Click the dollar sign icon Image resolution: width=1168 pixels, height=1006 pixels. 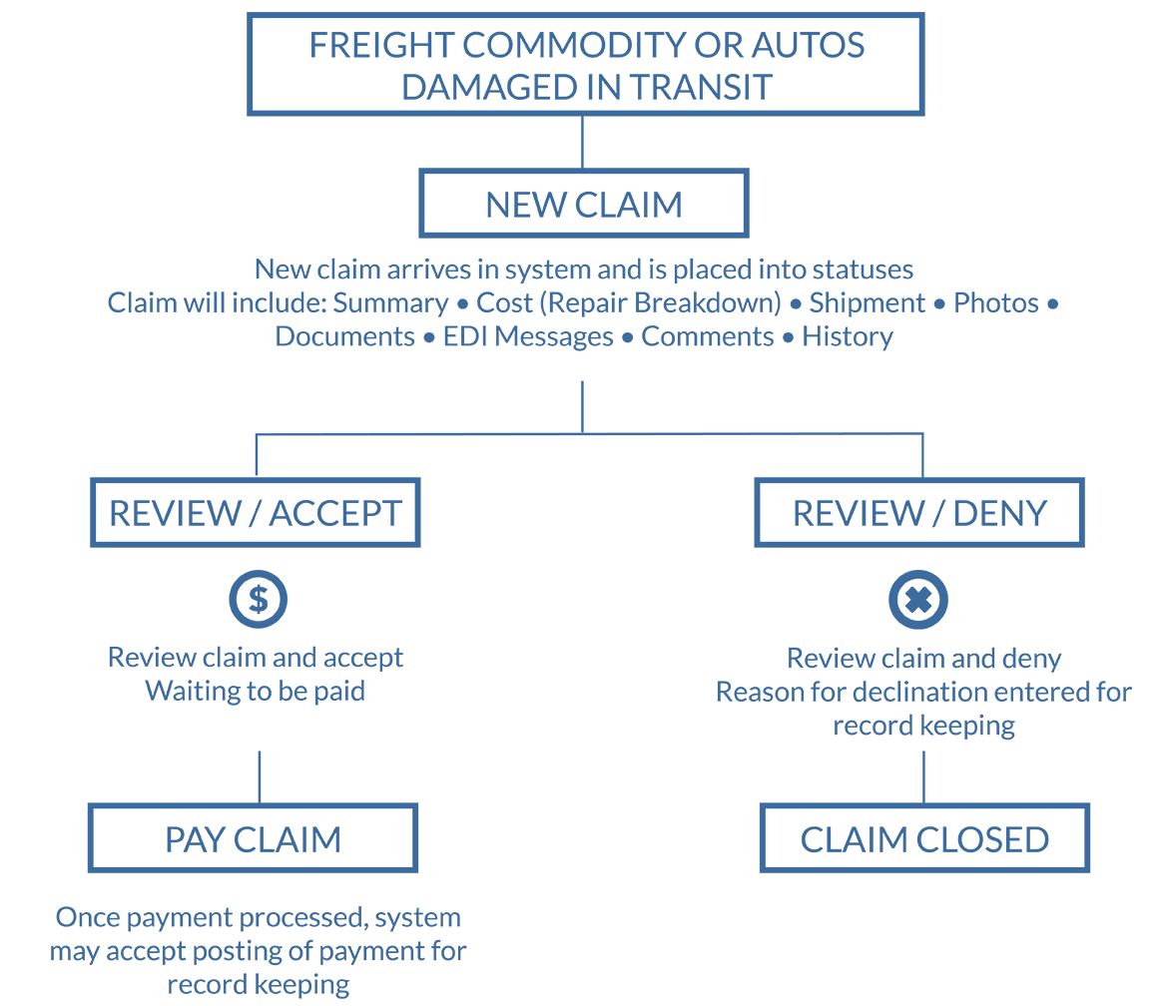click(x=258, y=599)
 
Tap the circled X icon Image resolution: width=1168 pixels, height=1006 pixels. click(x=918, y=599)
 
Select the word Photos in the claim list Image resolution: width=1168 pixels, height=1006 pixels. click(x=996, y=303)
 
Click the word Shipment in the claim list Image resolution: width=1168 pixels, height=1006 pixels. click(x=868, y=303)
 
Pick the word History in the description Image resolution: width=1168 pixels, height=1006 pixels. click(x=847, y=336)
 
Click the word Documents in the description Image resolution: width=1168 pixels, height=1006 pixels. click(x=344, y=336)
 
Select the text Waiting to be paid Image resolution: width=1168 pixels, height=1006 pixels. click(x=255, y=691)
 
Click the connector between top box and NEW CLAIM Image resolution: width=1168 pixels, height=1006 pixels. click(x=583, y=143)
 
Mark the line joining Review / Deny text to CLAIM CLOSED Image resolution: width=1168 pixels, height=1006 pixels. click(x=923, y=776)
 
